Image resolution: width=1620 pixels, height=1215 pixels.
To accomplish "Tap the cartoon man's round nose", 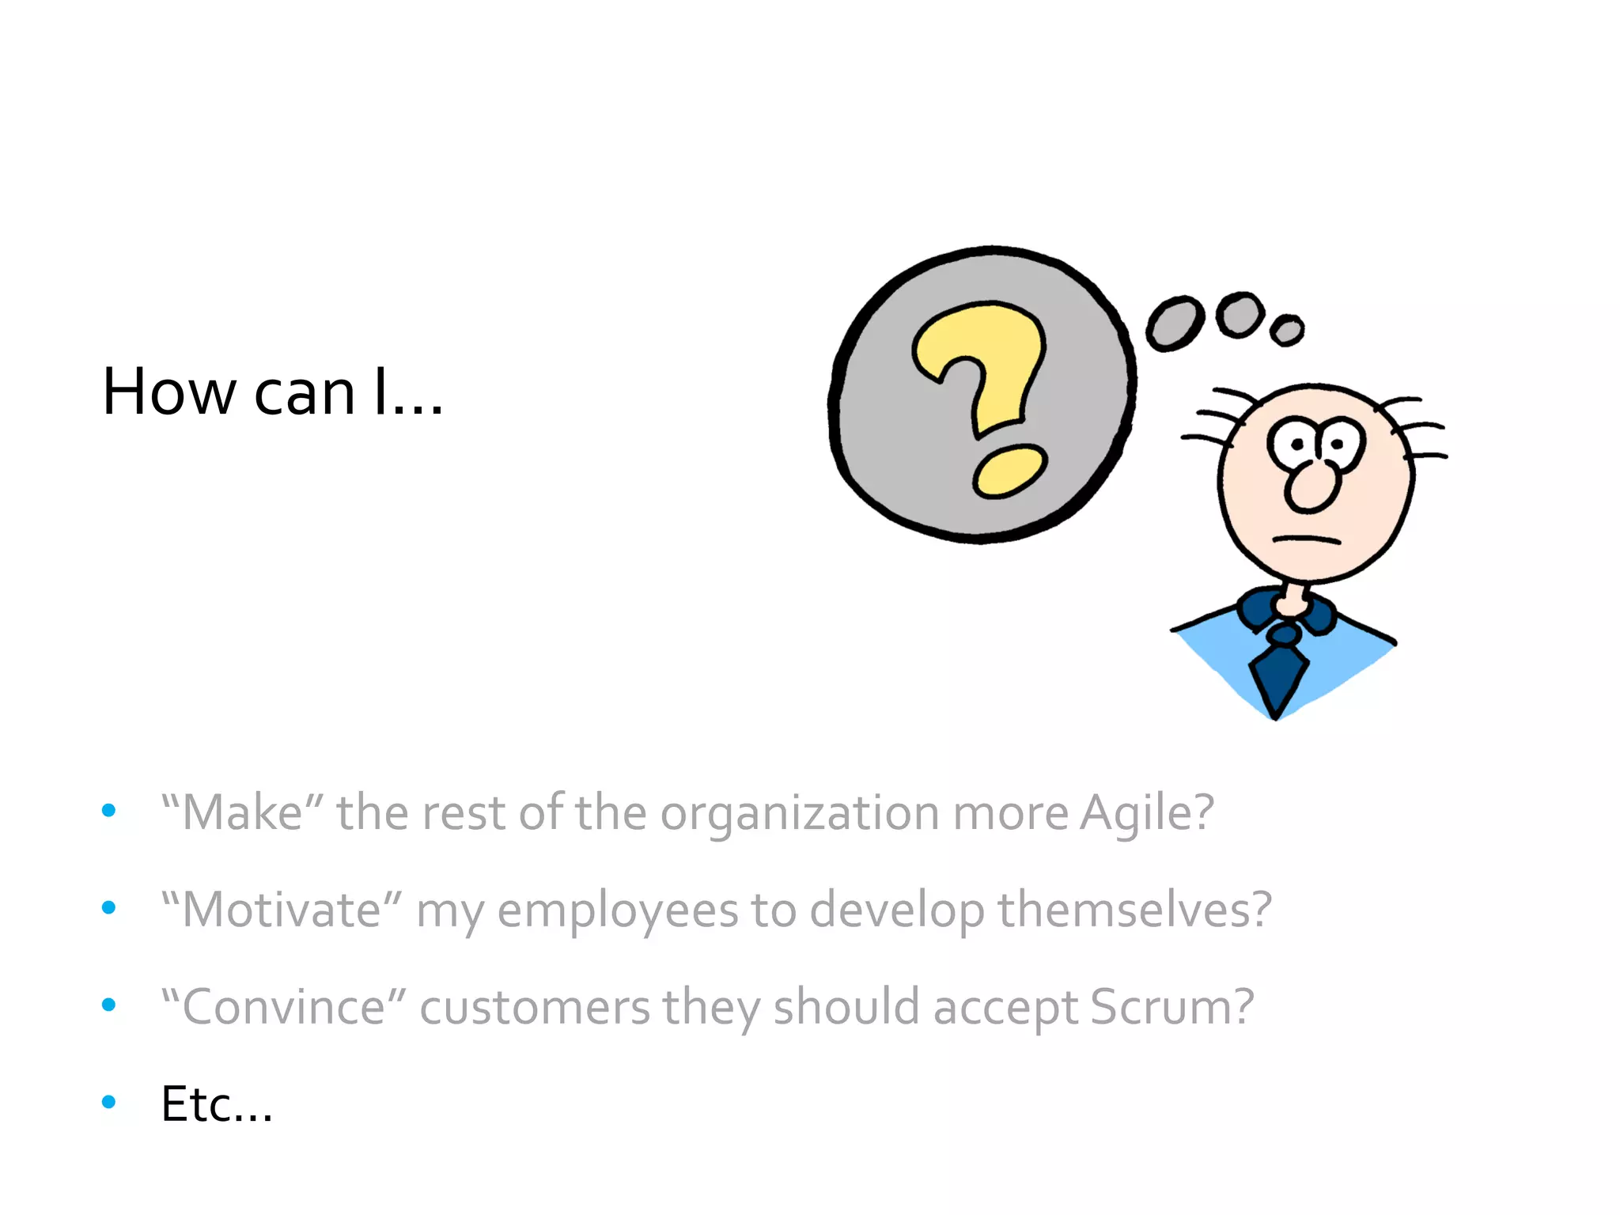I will coord(1312,486).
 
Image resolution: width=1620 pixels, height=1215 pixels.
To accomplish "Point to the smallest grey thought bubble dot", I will coord(1287,329).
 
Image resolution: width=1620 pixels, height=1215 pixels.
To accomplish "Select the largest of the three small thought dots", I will coord(1175,324).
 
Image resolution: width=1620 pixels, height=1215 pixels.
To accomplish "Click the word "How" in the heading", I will coord(169,392).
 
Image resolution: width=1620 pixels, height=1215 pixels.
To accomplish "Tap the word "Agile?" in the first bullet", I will coord(1147,813).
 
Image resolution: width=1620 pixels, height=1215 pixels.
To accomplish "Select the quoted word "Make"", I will coord(242,813).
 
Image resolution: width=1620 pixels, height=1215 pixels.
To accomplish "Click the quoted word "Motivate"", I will coord(282,910).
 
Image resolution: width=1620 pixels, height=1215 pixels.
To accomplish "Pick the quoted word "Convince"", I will coord(283,1007).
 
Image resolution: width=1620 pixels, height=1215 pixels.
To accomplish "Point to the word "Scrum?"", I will coord(1171,1007).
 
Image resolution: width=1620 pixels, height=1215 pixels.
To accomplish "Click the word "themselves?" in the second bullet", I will coord(1134,910).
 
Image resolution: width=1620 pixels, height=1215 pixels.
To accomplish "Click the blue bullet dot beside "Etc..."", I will coord(109,1101).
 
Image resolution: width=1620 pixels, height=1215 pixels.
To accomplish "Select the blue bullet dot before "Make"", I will coord(109,810).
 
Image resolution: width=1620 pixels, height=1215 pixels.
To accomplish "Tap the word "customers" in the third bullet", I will coord(535,1008).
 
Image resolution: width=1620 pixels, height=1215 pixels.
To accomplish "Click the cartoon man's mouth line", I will coord(1306,539).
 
